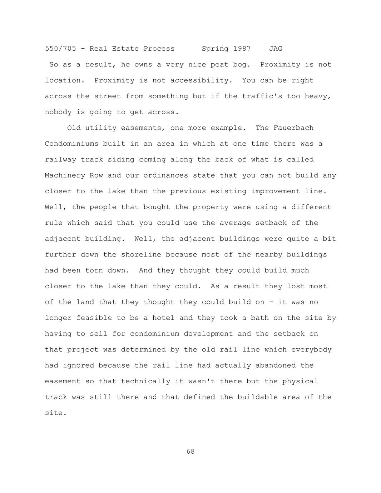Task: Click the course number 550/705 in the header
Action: tap(60, 49)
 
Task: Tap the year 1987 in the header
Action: tap(242, 49)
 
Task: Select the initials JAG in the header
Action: tap(276, 49)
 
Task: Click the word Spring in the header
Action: tap(215, 49)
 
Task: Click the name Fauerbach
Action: tap(293, 128)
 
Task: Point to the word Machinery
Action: tap(65, 175)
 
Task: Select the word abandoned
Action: tap(276, 365)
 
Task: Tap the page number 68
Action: tap(190, 452)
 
